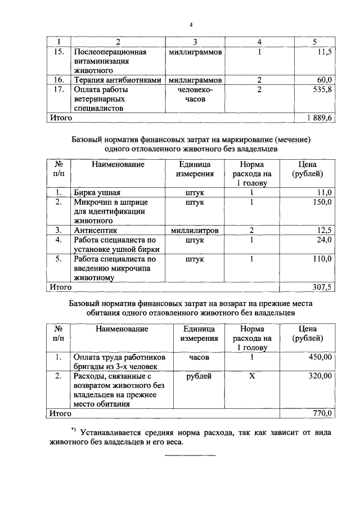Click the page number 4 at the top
(x=191, y=25)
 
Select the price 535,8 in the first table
(x=322, y=89)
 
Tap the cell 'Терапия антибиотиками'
(x=119, y=80)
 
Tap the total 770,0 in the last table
(x=322, y=413)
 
